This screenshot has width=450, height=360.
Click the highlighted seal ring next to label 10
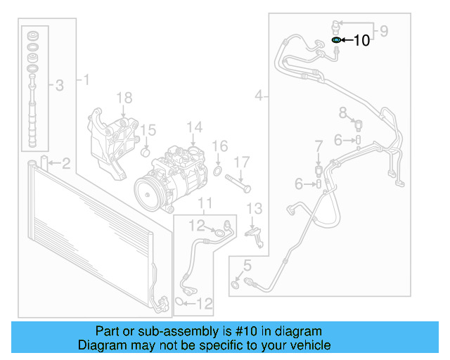pyautogui.click(x=337, y=41)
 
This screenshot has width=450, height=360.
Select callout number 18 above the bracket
pyautogui.click(x=124, y=97)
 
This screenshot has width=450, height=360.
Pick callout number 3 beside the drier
pyautogui.click(x=60, y=86)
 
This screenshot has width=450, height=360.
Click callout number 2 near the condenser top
pyautogui.click(x=65, y=165)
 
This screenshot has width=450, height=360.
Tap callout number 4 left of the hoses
pyautogui.click(x=259, y=95)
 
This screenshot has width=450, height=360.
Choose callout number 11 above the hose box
pyautogui.click(x=204, y=204)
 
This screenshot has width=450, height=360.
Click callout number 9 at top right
pyautogui.click(x=383, y=30)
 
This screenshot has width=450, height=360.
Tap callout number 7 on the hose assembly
pyautogui.click(x=318, y=146)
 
